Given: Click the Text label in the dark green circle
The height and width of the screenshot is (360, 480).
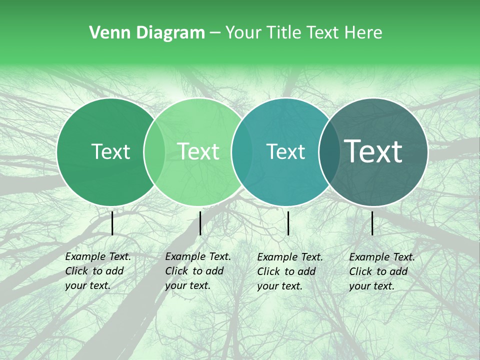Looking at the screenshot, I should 110,151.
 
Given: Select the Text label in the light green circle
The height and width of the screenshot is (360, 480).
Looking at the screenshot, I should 198,151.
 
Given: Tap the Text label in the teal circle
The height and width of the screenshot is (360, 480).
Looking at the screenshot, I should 285,151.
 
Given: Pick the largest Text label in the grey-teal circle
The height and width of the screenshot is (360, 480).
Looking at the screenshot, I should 373,151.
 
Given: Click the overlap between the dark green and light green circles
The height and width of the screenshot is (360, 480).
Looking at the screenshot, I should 154,151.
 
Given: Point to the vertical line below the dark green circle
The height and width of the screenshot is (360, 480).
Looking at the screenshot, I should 112,223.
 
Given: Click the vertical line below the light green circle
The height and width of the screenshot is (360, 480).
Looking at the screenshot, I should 200,223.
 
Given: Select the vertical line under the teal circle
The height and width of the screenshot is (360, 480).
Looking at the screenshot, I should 288,223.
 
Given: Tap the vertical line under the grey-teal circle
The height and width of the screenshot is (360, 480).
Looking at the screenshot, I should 372,223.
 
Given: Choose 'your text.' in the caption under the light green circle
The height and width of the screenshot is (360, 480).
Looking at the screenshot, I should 187,286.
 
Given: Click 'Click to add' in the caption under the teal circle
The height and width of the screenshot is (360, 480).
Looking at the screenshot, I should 286,271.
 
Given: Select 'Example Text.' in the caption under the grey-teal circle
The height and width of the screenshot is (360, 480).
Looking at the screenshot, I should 382,257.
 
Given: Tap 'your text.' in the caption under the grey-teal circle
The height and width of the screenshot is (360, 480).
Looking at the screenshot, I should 371,286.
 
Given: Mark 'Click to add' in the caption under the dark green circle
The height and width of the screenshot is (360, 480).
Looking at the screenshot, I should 94,271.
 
